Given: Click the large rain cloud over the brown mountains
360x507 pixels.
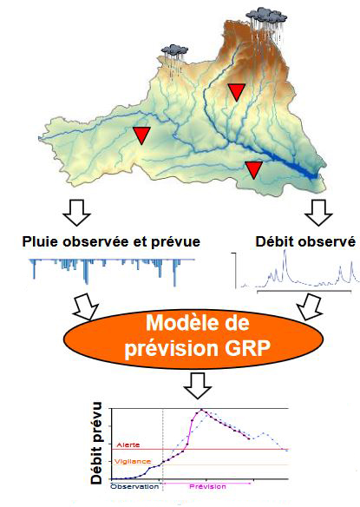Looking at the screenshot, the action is pyautogui.click(x=266, y=17).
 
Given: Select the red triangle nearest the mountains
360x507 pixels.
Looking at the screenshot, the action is pyautogui.click(x=237, y=91).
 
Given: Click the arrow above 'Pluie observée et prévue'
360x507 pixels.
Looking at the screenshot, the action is pyautogui.click(x=76, y=212).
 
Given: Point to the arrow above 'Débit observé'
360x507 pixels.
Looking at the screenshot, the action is pyautogui.click(x=318, y=212).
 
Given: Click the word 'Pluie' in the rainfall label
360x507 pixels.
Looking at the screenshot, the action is pyautogui.click(x=41, y=242).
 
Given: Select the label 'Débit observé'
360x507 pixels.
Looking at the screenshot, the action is pyautogui.click(x=305, y=242).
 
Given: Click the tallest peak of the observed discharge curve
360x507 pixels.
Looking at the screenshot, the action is pyautogui.click(x=285, y=251).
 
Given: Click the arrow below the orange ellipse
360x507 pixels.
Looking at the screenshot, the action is pyautogui.click(x=198, y=385).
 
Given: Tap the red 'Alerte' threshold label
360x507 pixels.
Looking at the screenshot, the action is pyautogui.click(x=128, y=444).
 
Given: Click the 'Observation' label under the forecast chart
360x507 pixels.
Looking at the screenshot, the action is pyautogui.click(x=134, y=487).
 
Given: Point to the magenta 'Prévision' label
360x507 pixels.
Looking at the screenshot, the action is pyautogui.click(x=208, y=487).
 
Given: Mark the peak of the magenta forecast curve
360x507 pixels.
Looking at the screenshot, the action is pyautogui.click(x=201, y=410).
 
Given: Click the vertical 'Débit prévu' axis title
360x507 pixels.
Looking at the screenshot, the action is pyautogui.click(x=96, y=443).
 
